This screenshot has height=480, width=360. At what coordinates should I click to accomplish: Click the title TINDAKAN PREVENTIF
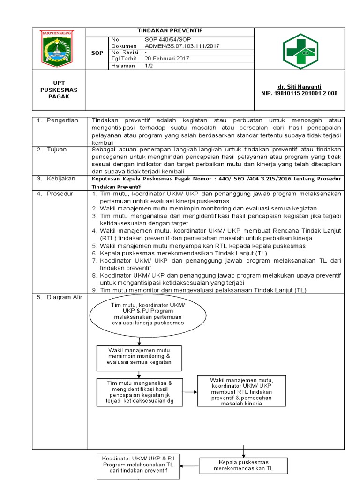(x=170, y=30)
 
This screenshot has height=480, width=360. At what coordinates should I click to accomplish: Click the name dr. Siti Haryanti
(x=299, y=87)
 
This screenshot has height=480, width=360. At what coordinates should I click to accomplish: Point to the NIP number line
(x=299, y=93)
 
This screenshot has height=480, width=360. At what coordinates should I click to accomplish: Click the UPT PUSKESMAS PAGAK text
(x=59, y=90)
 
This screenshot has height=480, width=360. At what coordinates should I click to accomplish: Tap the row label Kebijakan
(x=60, y=179)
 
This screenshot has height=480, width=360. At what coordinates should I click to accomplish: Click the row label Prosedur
(x=59, y=194)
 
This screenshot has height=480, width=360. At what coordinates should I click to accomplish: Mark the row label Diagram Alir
(x=62, y=297)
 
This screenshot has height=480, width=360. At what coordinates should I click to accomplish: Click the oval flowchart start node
(x=148, y=315)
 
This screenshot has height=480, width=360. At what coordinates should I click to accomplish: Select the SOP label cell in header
(x=97, y=53)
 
